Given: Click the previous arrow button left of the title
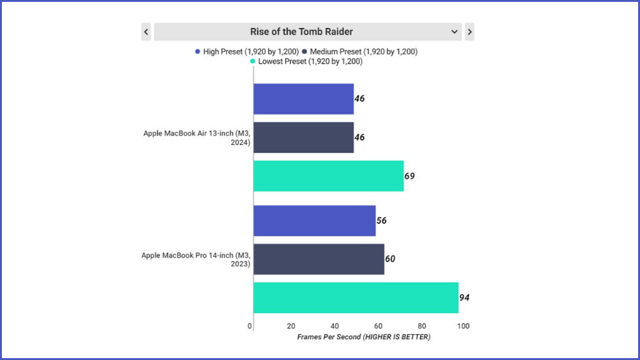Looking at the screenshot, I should [x=146, y=32].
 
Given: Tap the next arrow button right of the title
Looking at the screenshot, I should [x=469, y=32].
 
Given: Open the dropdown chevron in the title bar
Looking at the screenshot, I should [x=454, y=32].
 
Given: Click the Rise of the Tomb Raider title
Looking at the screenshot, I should [x=301, y=32].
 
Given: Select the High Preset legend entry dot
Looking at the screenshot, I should [x=197, y=52].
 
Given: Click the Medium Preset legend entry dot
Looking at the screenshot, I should [x=304, y=52].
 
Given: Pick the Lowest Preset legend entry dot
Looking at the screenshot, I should [x=252, y=61].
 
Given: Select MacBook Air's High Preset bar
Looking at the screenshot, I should [x=304, y=99].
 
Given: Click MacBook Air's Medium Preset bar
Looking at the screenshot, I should [x=304, y=137].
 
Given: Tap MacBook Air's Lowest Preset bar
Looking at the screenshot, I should [x=328, y=176].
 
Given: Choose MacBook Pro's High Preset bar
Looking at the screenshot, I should [x=314, y=221].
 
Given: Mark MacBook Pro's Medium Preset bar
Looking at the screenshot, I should [x=319, y=259].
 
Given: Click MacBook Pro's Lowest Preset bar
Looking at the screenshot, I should [x=356, y=297].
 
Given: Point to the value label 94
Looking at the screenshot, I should [x=464, y=297].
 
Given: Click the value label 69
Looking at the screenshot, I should [x=409, y=176].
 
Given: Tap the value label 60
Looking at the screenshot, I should [x=390, y=259].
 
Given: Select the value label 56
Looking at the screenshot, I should [x=381, y=221].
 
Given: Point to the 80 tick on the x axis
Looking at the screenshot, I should [x=422, y=326].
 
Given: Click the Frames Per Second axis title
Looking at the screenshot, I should [x=364, y=337].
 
